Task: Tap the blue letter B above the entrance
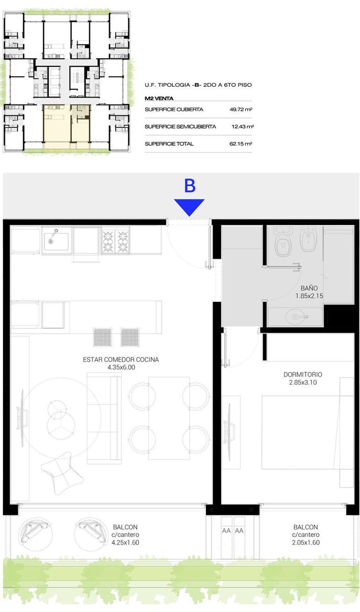point(190,186)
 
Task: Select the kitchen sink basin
point(56,241)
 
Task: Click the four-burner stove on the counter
point(116,241)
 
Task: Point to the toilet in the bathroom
point(282,241)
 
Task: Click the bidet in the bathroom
point(308,239)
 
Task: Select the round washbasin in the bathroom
point(296,317)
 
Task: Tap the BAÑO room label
point(309,288)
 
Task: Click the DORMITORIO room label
point(303,374)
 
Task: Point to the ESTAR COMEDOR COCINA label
point(121,359)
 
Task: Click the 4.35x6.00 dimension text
point(121,367)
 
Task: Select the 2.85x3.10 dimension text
point(303,382)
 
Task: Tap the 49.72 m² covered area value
point(241,109)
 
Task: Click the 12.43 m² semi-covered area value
point(243,126)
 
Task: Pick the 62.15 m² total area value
point(241,143)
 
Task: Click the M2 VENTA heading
point(159,98)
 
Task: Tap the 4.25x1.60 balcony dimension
point(125,542)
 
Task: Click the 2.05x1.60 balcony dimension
point(305,542)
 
